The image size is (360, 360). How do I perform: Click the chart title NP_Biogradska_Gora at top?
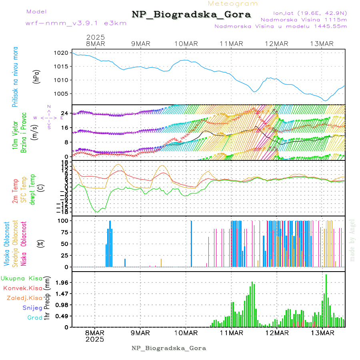point(191,15)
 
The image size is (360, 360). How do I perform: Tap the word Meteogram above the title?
point(233,4)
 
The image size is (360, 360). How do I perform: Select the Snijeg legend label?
point(32,308)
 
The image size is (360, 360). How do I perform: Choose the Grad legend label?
point(35,318)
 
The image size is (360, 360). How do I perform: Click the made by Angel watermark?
point(352,240)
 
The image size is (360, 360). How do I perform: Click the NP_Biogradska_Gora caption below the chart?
point(169,348)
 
